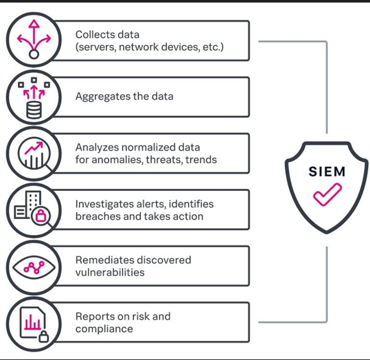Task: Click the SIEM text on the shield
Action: pyautogui.click(x=327, y=172)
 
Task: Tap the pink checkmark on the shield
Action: pyautogui.click(x=327, y=194)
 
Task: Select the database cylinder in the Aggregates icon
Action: pyautogui.click(x=34, y=110)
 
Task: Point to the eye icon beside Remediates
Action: pyautogui.click(x=34, y=268)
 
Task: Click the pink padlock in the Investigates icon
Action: pyautogui.click(x=41, y=215)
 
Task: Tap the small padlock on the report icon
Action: pyautogui.click(x=44, y=336)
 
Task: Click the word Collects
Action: pyautogui.click(x=91, y=35)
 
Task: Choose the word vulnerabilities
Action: pyautogui.click(x=110, y=272)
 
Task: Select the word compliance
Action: pyautogui.click(x=104, y=329)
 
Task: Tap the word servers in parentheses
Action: pyautogui.click(x=96, y=47)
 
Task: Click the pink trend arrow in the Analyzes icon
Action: pyautogui.click(x=34, y=148)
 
